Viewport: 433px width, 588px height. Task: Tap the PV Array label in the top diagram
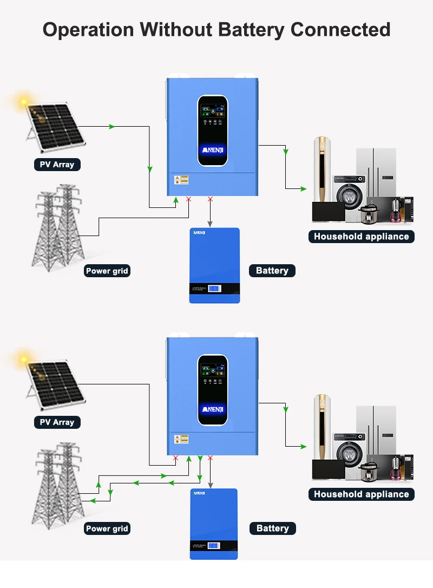pos(57,164)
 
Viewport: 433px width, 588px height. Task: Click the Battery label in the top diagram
pos(272,271)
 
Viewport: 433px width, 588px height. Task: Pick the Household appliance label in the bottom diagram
pos(361,494)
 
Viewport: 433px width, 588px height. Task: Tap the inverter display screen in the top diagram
pos(212,131)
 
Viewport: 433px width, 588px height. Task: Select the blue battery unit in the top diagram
pos(214,265)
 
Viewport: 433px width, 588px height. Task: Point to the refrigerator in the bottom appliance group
pos(376,428)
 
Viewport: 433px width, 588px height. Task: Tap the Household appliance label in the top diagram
pos(361,236)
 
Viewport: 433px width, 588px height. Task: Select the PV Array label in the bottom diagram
pos(57,422)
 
